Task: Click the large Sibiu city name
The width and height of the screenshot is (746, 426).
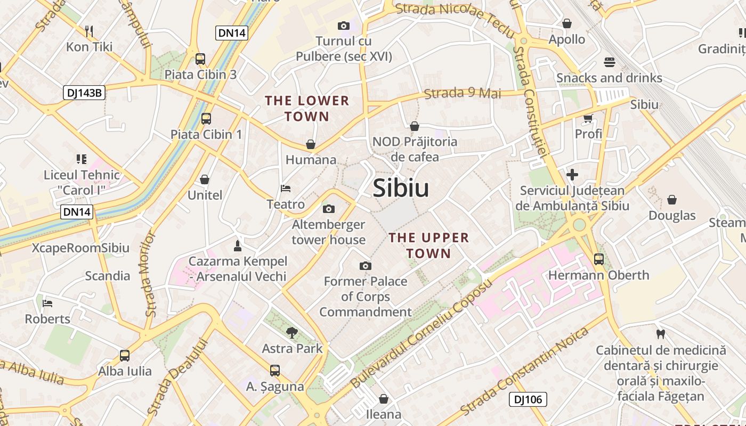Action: click(x=401, y=188)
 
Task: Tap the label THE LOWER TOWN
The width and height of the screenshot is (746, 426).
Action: click(x=307, y=108)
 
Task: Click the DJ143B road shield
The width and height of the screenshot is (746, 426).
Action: click(x=84, y=93)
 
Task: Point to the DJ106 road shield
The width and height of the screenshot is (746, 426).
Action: click(x=528, y=399)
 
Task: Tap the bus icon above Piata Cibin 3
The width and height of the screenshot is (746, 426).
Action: click(x=200, y=59)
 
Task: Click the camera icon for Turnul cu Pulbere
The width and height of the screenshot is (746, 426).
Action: click(x=344, y=26)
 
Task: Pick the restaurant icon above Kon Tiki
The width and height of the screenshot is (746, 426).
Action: click(x=89, y=31)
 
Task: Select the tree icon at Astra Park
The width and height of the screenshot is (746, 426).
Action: click(x=292, y=333)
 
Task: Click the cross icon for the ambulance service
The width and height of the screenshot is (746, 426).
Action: click(x=572, y=174)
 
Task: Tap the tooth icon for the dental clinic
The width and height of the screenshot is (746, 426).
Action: click(x=661, y=334)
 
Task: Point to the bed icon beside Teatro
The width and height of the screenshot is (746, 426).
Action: click(x=286, y=189)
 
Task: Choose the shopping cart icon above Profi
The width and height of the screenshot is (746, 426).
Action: click(x=588, y=118)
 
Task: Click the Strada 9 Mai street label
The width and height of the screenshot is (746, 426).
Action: click(x=463, y=93)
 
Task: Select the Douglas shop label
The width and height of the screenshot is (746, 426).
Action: click(x=672, y=216)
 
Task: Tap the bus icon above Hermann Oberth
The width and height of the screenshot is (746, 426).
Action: click(x=599, y=259)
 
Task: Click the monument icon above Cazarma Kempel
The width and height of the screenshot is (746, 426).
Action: click(x=238, y=245)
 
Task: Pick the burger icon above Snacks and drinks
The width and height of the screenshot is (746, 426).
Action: click(x=610, y=62)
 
